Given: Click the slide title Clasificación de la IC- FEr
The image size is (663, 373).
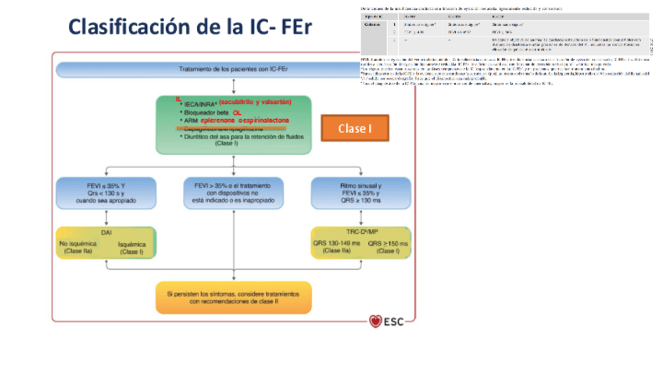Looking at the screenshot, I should [x=190, y=27].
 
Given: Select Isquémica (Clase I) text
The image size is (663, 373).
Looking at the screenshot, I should [x=132, y=248].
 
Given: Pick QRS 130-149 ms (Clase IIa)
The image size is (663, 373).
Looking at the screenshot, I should [x=336, y=246].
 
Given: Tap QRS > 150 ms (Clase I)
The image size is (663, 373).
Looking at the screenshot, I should [x=386, y=246].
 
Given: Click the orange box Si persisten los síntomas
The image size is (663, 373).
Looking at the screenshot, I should [x=234, y=296].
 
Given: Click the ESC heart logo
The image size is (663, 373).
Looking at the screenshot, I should [x=375, y=321].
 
